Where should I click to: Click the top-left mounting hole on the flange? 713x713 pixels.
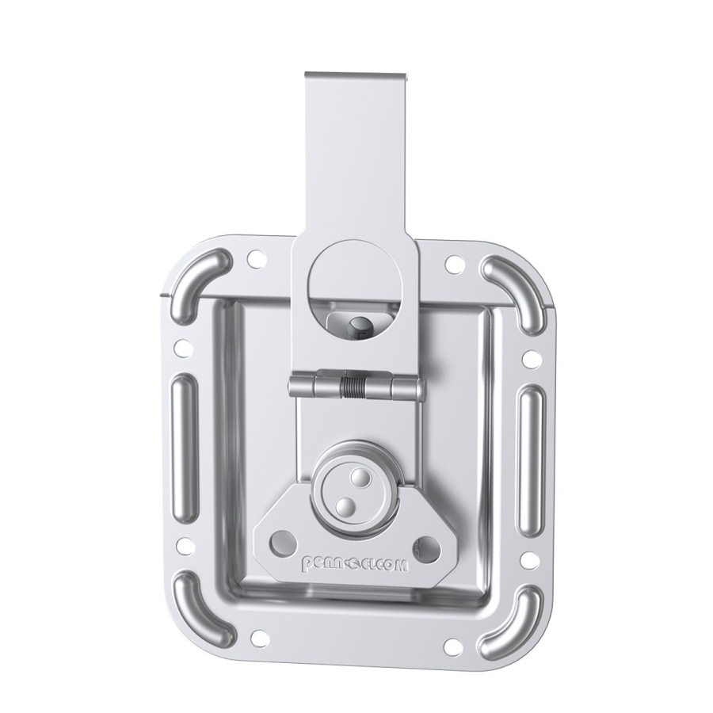click(255, 258)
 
